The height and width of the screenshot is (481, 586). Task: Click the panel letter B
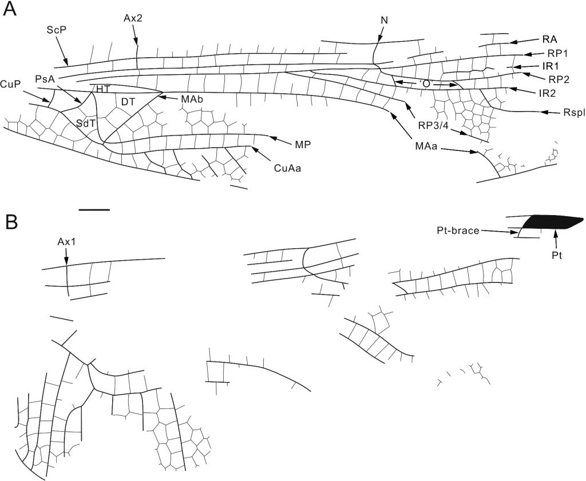click(x=11, y=221)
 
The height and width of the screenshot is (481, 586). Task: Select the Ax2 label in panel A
click(x=133, y=18)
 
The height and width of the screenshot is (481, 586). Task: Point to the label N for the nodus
click(x=383, y=20)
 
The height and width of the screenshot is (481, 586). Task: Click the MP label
click(x=303, y=144)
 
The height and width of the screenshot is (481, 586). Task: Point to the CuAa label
click(x=287, y=168)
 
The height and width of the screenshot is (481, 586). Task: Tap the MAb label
click(x=192, y=99)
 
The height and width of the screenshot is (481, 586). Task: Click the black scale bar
click(x=94, y=209)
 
